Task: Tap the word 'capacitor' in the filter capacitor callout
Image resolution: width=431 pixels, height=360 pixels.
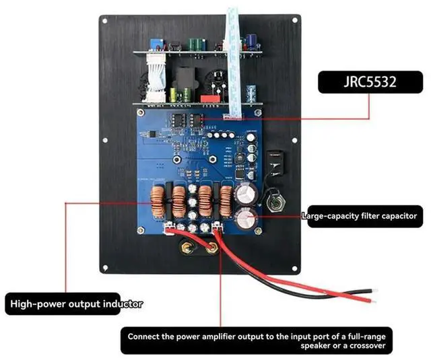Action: [393, 216]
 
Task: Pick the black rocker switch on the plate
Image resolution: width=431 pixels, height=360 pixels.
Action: [275, 161]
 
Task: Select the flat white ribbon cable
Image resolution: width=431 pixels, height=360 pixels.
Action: [234, 54]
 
